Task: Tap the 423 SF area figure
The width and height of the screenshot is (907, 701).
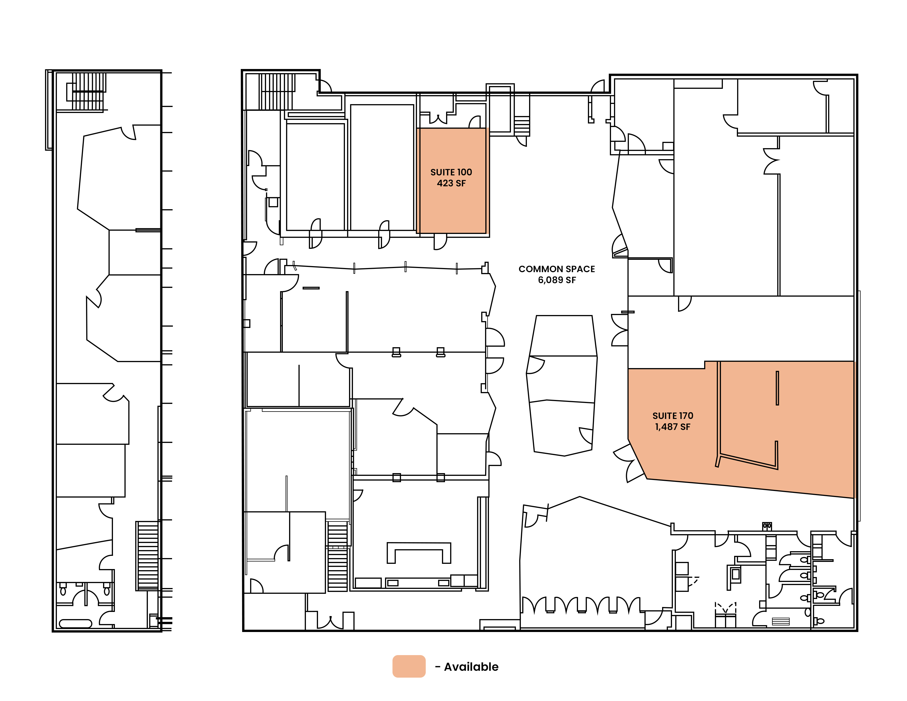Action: click(451, 183)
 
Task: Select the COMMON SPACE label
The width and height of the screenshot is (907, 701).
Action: click(557, 269)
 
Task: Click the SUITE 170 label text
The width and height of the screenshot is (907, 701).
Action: click(673, 416)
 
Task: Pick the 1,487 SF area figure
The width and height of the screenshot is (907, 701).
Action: click(673, 427)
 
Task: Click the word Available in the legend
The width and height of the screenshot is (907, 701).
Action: click(471, 667)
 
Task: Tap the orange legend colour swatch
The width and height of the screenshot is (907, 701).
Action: click(409, 667)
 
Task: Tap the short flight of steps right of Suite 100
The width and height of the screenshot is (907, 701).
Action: click(522, 126)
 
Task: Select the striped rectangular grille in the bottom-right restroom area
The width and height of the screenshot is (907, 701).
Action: click(781, 622)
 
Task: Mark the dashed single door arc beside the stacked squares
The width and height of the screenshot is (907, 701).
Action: click(693, 581)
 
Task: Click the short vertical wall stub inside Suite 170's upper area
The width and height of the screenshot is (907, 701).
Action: click(778, 388)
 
